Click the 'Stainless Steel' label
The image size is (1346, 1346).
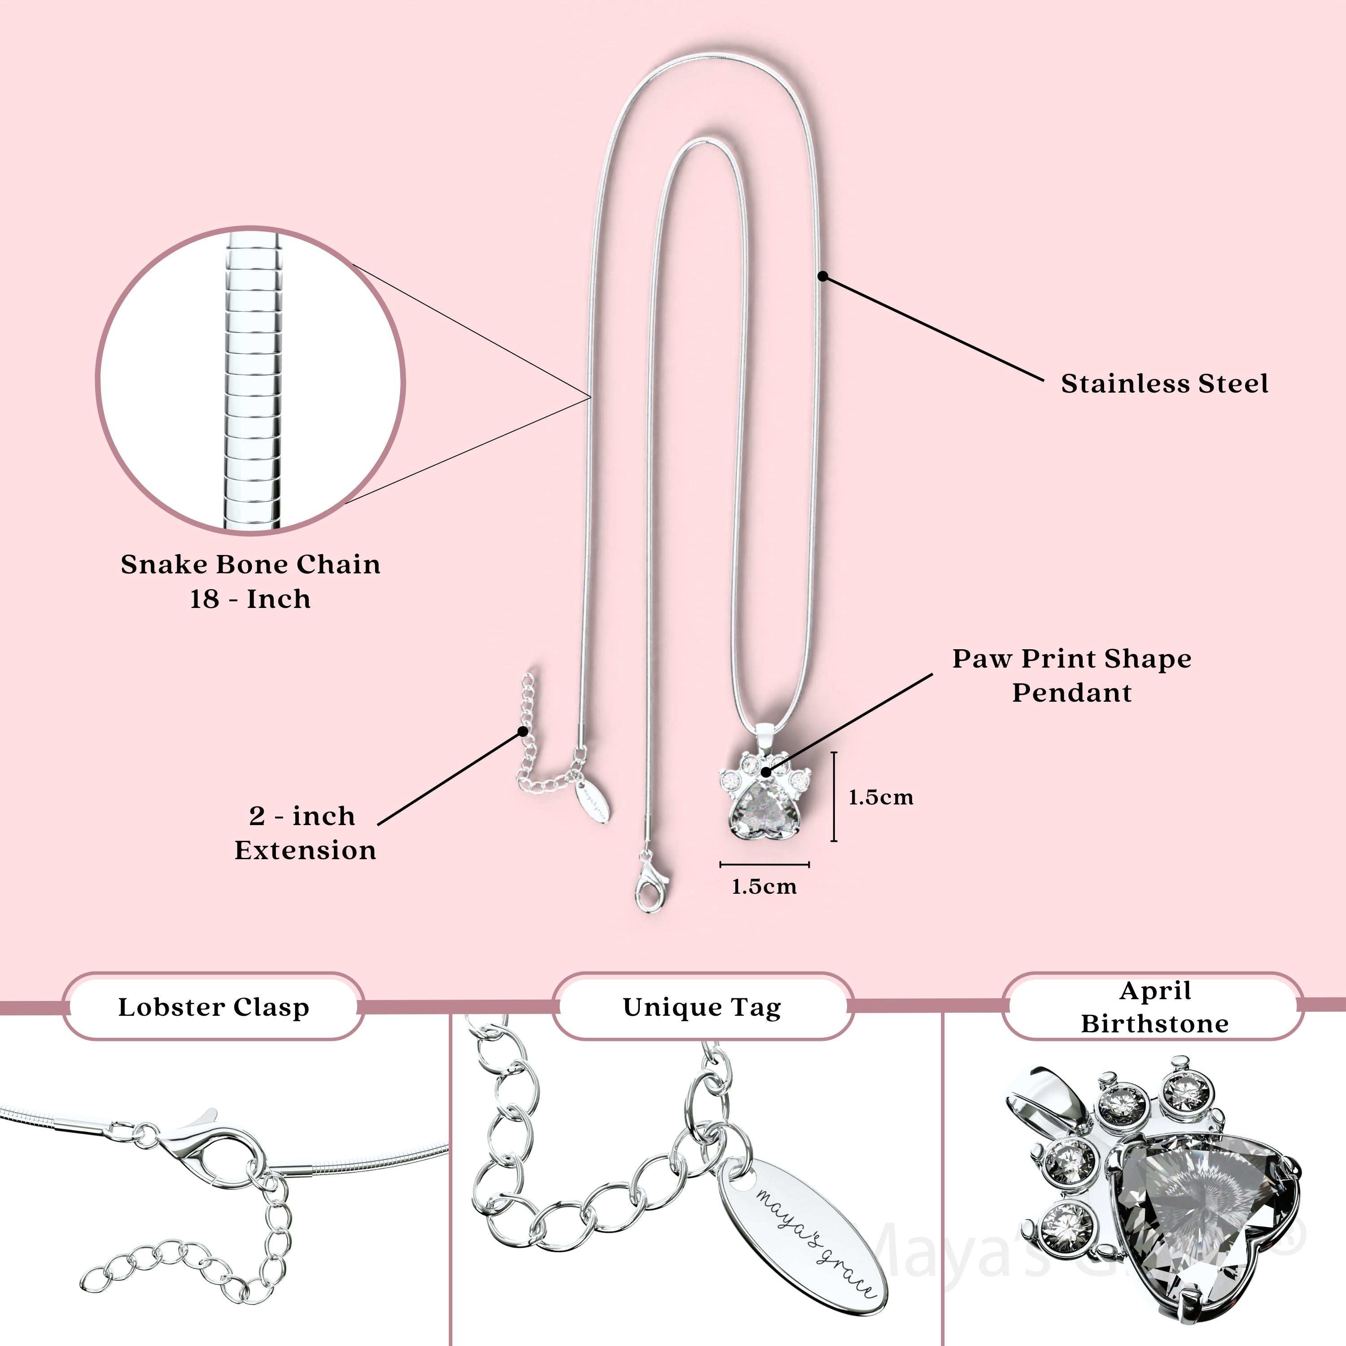point(1164,384)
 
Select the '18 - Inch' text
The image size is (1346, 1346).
point(250,599)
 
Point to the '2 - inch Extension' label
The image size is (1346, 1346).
point(305,833)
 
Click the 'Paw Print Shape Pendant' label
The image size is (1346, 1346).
point(1071,675)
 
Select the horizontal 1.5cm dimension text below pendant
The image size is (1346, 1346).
point(764,887)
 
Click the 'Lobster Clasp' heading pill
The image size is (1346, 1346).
point(213,1007)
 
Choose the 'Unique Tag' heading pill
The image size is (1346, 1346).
point(702,1007)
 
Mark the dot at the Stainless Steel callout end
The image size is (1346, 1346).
point(822,276)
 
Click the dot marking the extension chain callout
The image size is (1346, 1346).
point(523,731)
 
